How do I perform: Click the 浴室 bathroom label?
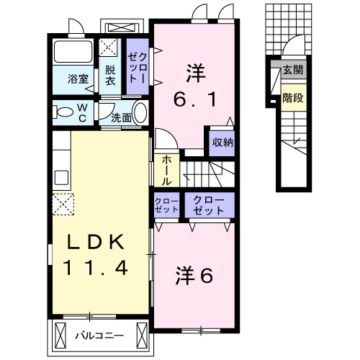click(79, 79)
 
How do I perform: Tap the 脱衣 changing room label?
click(110, 75)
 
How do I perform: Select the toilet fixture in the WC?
click(65, 112)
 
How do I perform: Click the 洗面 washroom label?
click(121, 117)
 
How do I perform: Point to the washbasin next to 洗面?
click(140, 113)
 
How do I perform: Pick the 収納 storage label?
click(221, 141)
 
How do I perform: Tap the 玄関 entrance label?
click(292, 70)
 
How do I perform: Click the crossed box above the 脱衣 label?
click(111, 49)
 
